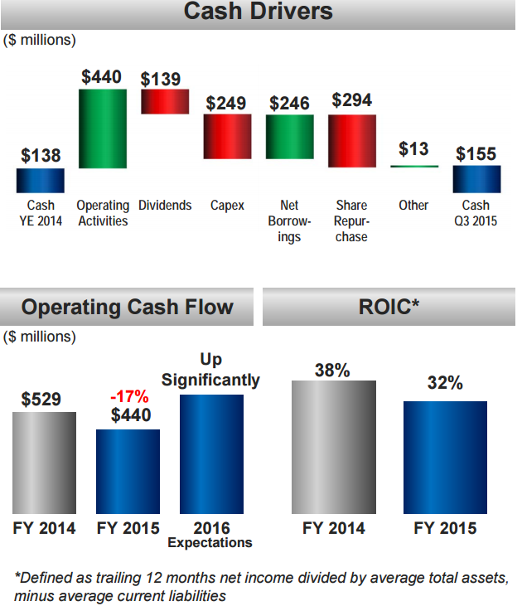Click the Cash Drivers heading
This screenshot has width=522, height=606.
pyautogui.click(x=258, y=12)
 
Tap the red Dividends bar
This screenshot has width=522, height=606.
pyautogui.click(x=164, y=101)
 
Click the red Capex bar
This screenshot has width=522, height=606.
pyautogui.click(x=227, y=136)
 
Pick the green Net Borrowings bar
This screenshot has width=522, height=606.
pyautogui.click(x=289, y=136)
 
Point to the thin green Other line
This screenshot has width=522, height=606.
pyautogui.click(x=413, y=167)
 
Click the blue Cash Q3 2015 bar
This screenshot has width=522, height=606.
pyautogui.click(x=476, y=178)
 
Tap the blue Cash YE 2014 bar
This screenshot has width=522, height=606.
pyautogui.click(x=40, y=180)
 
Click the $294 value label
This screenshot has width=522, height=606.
pyautogui.click(x=352, y=100)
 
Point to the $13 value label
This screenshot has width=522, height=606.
pyautogui.click(x=413, y=149)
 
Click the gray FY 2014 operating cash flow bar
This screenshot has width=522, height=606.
pyautogui.click(x=44, y=462)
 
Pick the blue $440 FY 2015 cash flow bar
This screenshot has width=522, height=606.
pyautogui.click(x=128, y=471)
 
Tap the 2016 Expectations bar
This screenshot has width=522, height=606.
pyautogui.click(x=211, y=453)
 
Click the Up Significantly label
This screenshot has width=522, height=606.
pyautogui.click(x=210, y=370)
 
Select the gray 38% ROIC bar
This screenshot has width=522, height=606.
pyautogui.click(x=334, y=446)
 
